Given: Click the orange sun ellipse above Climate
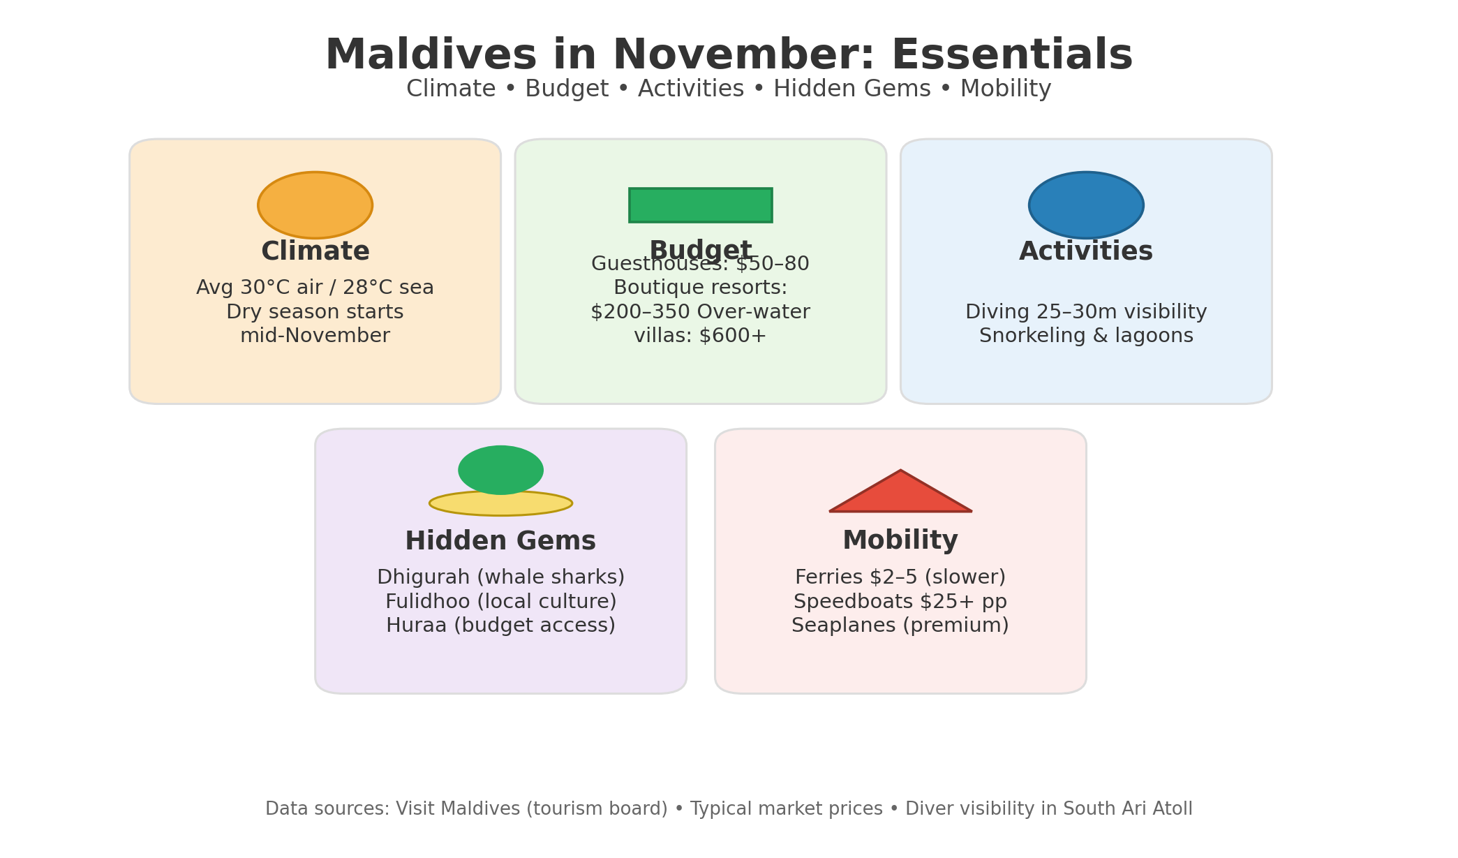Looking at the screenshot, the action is point(315,205).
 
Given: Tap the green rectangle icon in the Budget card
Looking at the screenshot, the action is point(700,205).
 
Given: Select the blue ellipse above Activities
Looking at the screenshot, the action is point(1086,205).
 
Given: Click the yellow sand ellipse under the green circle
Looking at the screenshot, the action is point(500,504).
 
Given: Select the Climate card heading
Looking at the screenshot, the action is point(315,252).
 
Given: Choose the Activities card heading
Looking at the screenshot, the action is point(1086,252).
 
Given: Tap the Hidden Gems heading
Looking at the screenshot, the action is point(500,542).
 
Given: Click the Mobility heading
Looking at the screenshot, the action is point(900,541).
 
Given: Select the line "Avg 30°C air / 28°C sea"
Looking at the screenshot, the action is point(315,288).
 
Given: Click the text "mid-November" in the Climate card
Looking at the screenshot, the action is point(315,336).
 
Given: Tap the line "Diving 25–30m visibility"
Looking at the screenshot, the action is point(1086,312).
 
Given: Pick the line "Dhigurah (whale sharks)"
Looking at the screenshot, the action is point(500,577).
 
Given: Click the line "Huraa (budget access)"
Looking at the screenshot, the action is point(500,626).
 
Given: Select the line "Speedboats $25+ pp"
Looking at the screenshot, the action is point(900,602).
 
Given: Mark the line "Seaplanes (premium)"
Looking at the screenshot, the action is point(900,626).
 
